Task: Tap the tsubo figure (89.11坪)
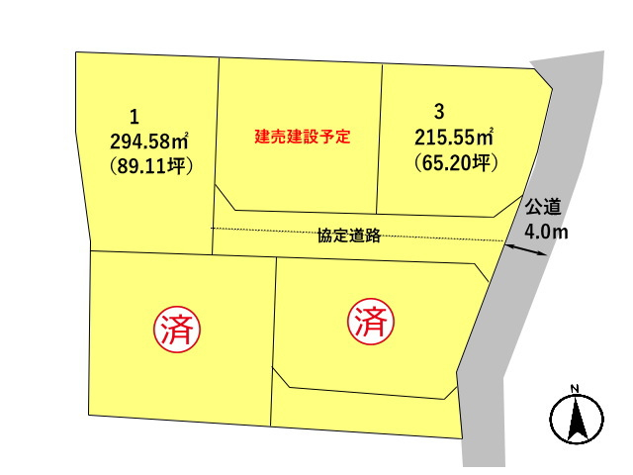coord(149,165)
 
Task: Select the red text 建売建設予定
coord(303,137)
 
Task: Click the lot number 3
coord(437,110)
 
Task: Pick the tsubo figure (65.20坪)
coord(453,161)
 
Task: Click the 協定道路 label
coord(349,236)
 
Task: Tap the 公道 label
coord(543,208)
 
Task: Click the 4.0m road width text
coord(546,233)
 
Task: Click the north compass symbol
coord(575,419)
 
